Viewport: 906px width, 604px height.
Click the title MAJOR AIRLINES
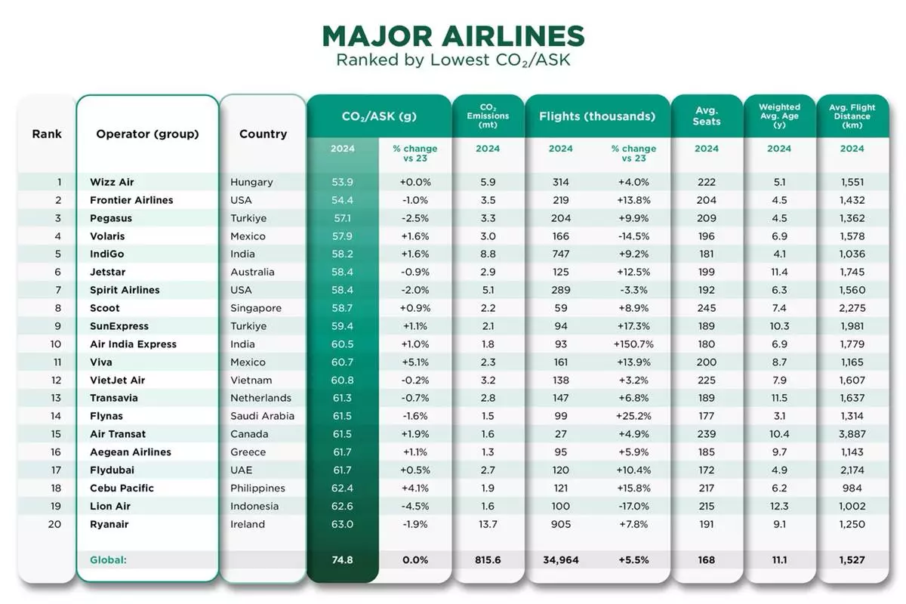[453, 36]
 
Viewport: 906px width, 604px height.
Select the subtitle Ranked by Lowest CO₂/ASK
[453, 60]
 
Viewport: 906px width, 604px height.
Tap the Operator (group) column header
[147, 134]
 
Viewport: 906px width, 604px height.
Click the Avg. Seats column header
[707, 116]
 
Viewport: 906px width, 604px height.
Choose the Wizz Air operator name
[112, 182]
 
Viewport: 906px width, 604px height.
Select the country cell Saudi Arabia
[262, 416]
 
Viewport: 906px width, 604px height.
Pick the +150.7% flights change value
[633, 344]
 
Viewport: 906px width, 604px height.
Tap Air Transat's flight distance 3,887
[852, 434]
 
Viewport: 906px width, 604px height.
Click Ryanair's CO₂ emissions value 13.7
[488, 524]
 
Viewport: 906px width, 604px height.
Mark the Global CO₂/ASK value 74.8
[342, 560]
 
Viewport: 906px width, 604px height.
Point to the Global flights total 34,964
[561, 560]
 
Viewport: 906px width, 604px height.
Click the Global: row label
[108, 560]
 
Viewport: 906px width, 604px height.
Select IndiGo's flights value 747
[561, 254]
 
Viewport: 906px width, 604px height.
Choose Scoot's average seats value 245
[707, 308]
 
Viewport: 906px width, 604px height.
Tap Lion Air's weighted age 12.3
[779, 506]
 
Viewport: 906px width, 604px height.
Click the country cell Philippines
[257, 488]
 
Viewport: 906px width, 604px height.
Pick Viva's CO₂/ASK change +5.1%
[414, 362]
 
